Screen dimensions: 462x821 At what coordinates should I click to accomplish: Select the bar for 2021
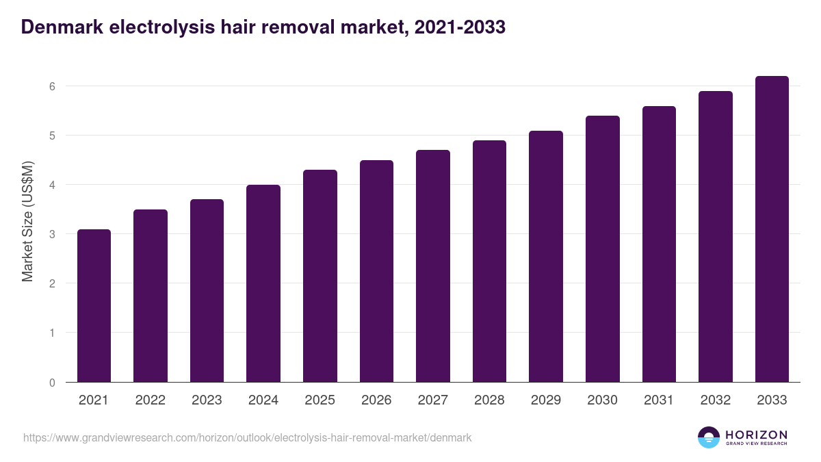(x=94, y=306)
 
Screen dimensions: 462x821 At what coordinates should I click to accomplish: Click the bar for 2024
(x=263, y=283)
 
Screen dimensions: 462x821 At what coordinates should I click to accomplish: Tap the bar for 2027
(x=433, y=266)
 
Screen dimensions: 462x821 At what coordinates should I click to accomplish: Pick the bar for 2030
(x=602, y=249)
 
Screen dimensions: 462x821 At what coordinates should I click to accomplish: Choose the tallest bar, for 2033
(x=772, y=229)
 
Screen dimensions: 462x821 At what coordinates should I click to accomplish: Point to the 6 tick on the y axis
(x=51, y=86)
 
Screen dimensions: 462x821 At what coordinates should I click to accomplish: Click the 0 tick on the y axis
(x=51, y=383)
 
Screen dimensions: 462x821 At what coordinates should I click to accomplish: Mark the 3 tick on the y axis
(x=51, y=234)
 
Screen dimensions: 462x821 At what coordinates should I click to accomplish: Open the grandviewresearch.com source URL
(x=247, y=437)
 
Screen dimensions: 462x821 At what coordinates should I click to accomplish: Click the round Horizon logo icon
(x=708, y=437)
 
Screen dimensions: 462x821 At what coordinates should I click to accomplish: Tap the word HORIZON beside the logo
(x=756, y=435)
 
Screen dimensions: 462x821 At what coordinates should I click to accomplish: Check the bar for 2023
(x=207, y=291)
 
